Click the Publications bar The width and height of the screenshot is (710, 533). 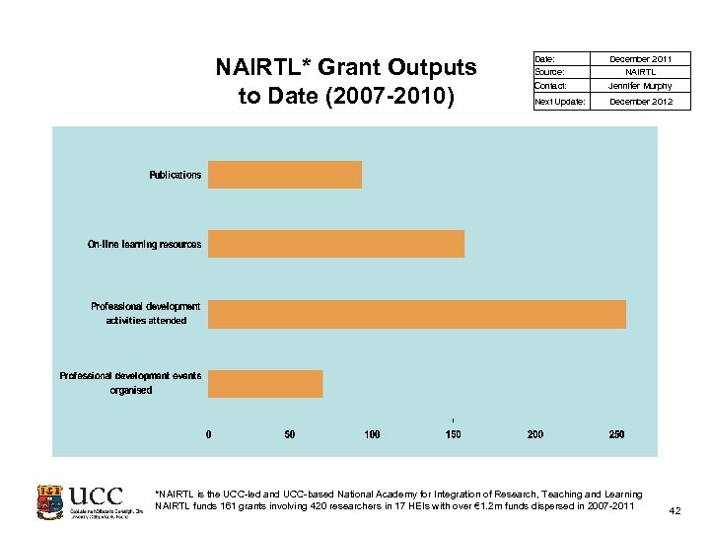point(285,175)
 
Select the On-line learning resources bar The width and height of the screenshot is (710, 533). point(336,244)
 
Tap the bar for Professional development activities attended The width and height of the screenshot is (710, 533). point(417,314)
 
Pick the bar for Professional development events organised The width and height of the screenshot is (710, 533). point(265,384)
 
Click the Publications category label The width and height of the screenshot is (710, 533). point(176,175)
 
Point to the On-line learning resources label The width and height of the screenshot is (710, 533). point(144,244)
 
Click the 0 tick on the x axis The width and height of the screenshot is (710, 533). point(208,434)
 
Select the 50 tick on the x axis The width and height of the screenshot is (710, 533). point(290,434)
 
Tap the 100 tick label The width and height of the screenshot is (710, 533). point(372,434)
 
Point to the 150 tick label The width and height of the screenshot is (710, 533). point(453,434)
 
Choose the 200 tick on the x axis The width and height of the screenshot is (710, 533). point(534,434)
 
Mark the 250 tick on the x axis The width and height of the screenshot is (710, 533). point(616,434)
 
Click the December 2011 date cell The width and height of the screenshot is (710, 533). point(641,59)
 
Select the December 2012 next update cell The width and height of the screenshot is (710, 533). point(641,102)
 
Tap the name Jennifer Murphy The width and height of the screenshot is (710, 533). point(641,86)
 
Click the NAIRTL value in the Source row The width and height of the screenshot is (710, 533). point(641,72)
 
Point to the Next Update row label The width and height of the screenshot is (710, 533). point(559,102)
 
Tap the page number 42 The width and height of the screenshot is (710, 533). point(674,510)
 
